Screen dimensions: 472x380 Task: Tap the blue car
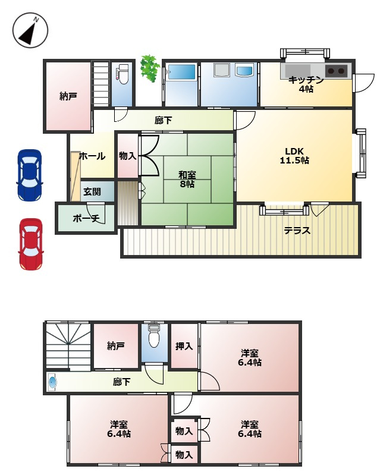tap(29, 174)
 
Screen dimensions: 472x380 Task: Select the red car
tap(30, 244)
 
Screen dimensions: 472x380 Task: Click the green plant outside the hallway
tap(149, 68)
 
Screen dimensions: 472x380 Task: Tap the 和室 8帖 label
tap(187, 180)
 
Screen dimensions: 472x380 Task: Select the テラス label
tap(296, 231)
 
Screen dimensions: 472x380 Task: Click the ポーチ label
tap(86, 218)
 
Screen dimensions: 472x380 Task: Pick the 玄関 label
tap(92, 191)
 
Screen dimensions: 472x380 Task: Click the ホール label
tap(92, 156)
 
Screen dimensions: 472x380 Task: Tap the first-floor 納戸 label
tap(68, 96)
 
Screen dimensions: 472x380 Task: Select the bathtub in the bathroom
tap(180, 74)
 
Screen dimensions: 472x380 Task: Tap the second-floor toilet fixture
tap(154, 337)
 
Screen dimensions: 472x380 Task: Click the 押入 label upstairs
tap(184, 346)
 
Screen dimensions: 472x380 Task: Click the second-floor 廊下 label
tap(121, 382)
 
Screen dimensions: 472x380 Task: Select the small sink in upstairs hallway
tap(53, 382)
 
